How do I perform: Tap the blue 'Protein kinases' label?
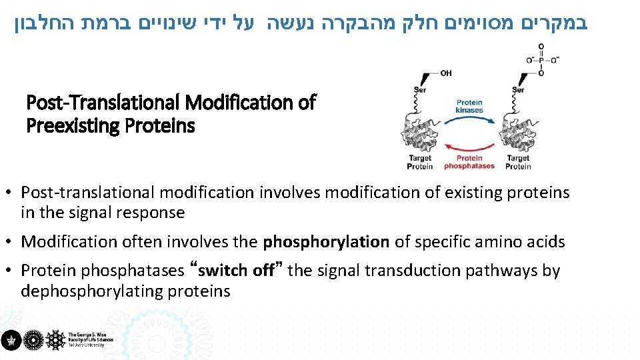pyautogui.click(x=469, y=106)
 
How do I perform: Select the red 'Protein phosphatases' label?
pyautogui.click(x=469, y=162)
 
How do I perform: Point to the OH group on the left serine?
pyautogui.click(x=446, y=73)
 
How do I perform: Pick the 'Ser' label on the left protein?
pyautogui.click(x=420, y=90)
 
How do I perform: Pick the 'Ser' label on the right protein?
pyautogui.click(x=518, y=90)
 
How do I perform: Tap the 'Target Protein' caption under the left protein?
pyautogui.click(x=420, y=162)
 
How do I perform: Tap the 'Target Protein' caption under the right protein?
pyautogui.click(x=518, y=162)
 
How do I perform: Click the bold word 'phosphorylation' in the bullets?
pyautogui.click(x=326, y=242)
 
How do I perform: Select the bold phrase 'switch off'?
pyautogui.click(x=237, y=271)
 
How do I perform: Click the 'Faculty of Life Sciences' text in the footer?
pyautogui.click(x=91, y=339)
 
